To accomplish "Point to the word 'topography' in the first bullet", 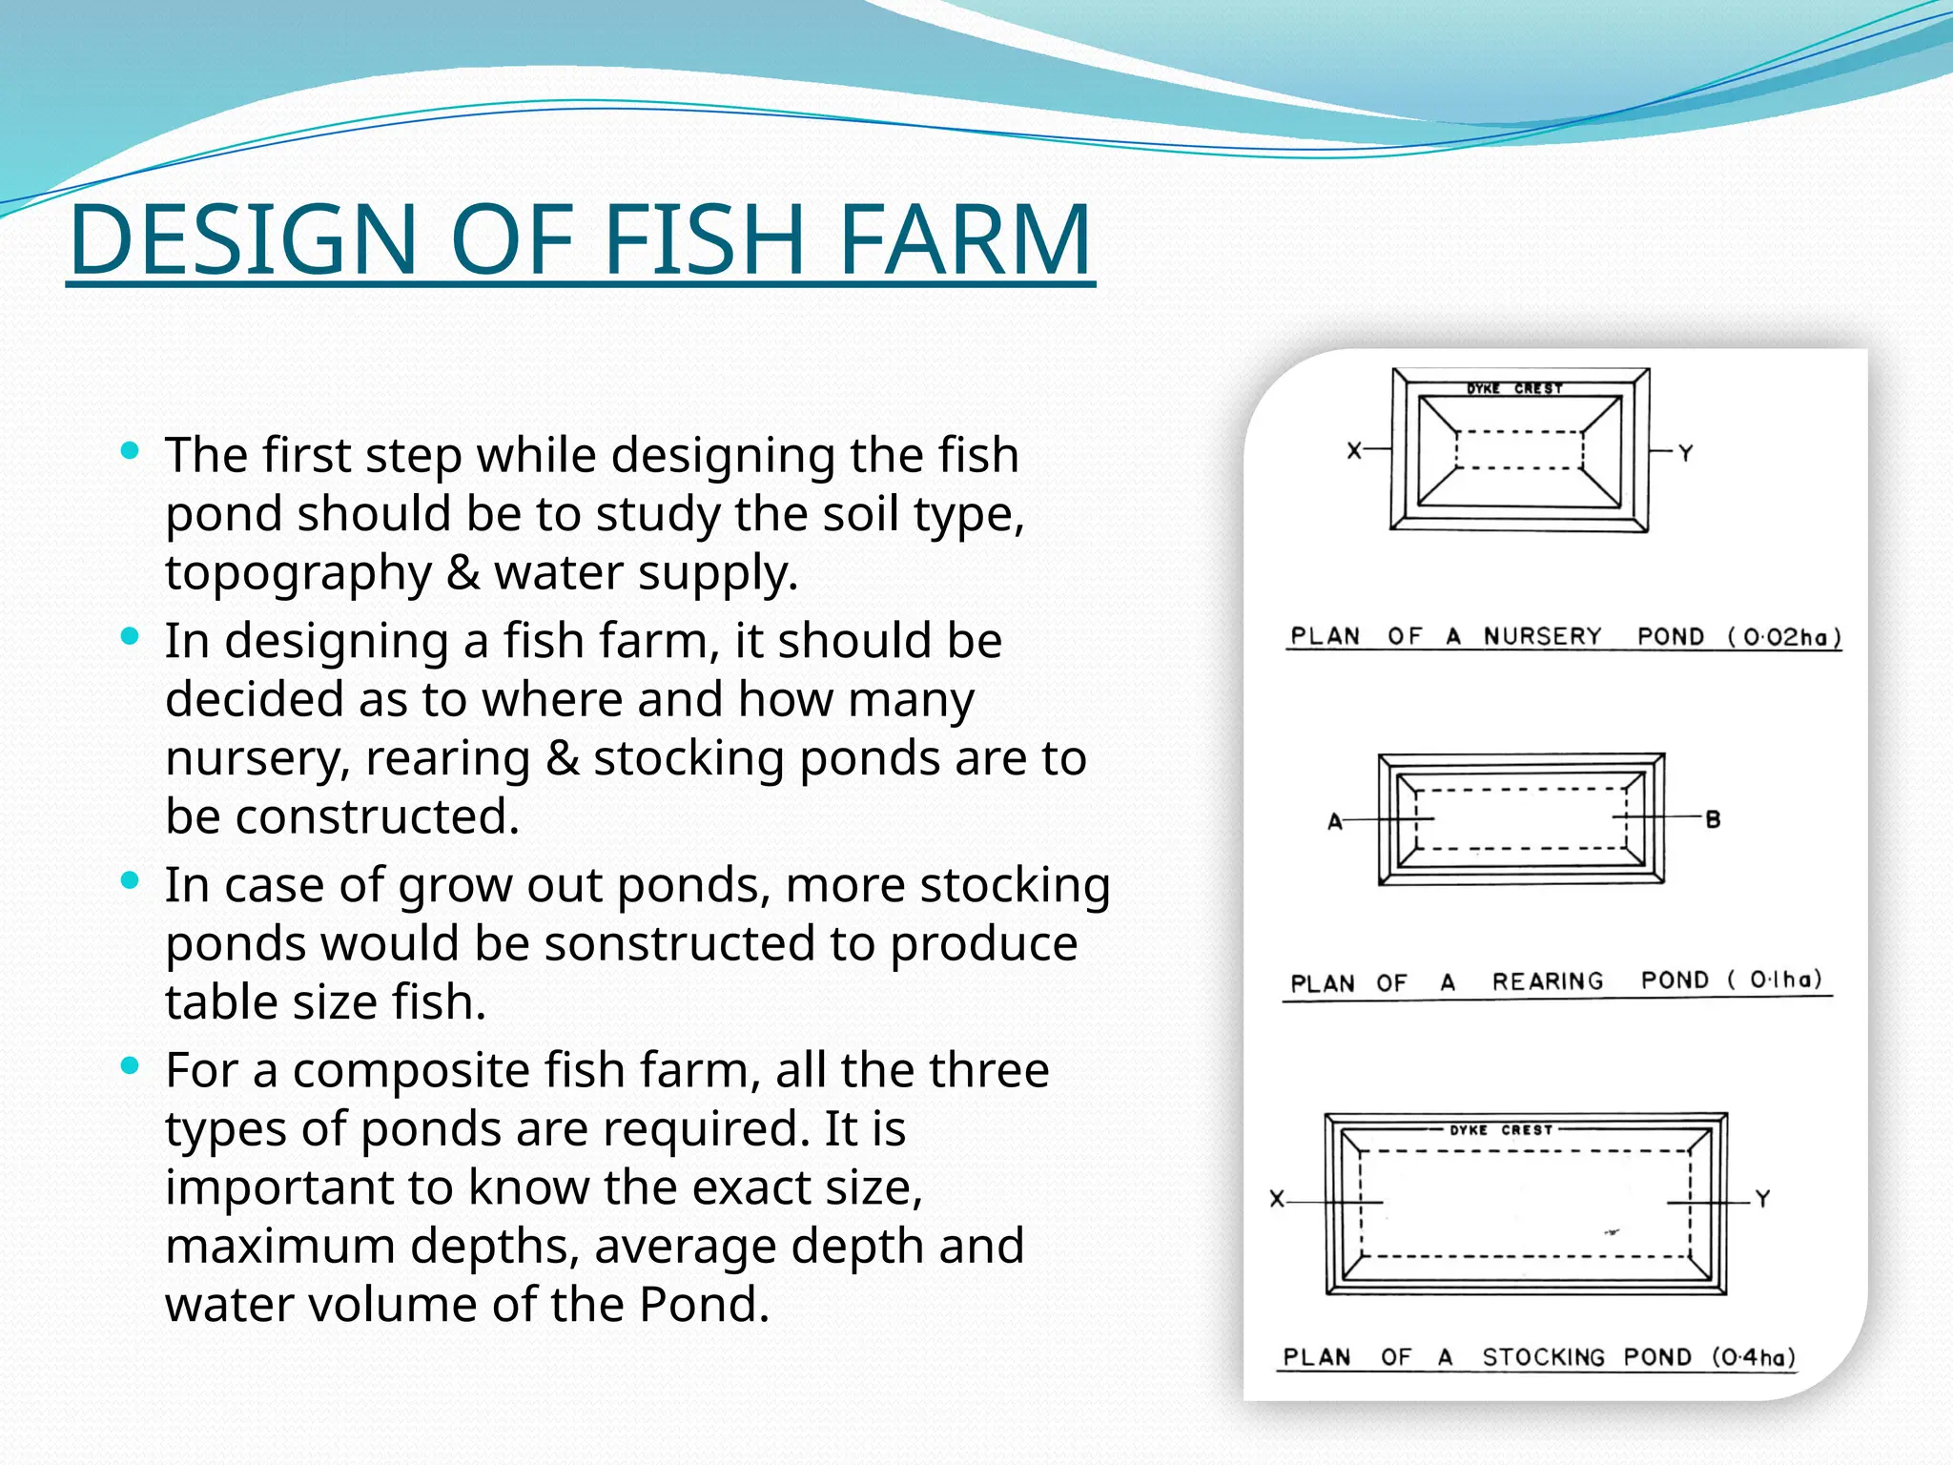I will [298, 573].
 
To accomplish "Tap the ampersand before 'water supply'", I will [463, 572].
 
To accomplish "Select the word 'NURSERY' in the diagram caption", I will [1542, 636].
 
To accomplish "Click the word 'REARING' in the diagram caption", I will [1548, 981].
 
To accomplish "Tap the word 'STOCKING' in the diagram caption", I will [1543, 1357].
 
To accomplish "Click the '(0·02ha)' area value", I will [1784, 637].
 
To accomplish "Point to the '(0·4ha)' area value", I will [1753, 1357].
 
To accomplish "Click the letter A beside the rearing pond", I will [1335, 821].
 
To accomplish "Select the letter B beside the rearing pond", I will [1713, 819].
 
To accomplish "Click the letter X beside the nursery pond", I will [1354, 451].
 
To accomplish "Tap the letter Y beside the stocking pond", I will [1762, 1199].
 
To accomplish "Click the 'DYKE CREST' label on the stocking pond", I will [1501, 1130].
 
